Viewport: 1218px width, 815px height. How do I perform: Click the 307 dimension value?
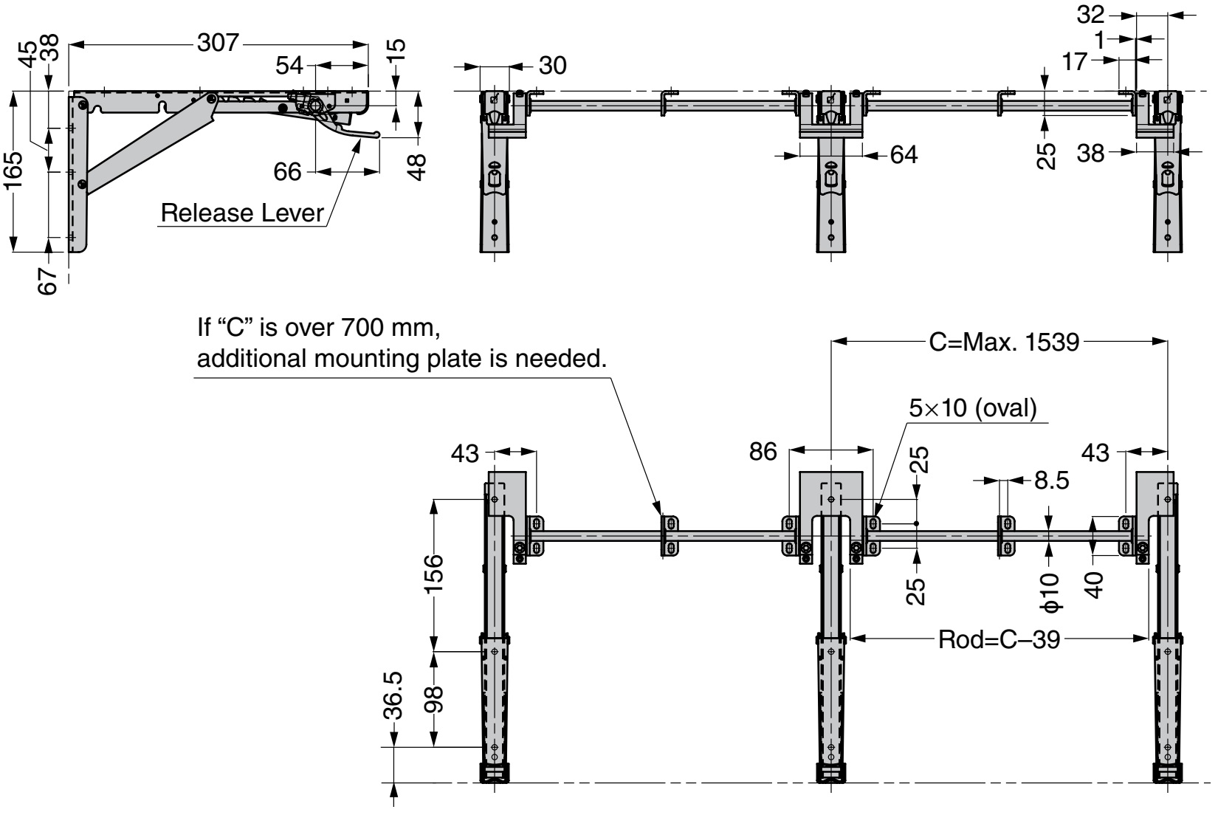coord(219,44)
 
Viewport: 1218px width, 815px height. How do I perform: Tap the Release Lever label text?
coord(242,213)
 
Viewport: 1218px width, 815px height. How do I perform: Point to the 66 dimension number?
coord(288,171)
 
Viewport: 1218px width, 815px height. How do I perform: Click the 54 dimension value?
coord(289,66)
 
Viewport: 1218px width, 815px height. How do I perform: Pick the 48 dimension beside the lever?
coord(418,166)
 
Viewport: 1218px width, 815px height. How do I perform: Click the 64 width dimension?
coord(904,155)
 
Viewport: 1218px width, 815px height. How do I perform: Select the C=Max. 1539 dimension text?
coord(1005,342)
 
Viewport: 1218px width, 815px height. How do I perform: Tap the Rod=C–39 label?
coord(998,639)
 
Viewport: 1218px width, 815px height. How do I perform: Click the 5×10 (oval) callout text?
coord(973,408)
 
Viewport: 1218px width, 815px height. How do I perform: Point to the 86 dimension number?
coord(763,452)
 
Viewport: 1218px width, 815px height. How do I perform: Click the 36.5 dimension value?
coord(394,695)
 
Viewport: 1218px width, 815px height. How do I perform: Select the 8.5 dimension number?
coord(1051,481)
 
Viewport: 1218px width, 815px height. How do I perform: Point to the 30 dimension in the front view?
coord(552,66)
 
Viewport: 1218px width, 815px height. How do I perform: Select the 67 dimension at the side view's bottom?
coord(48,281)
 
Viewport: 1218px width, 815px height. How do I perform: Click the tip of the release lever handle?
coord(378,135)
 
